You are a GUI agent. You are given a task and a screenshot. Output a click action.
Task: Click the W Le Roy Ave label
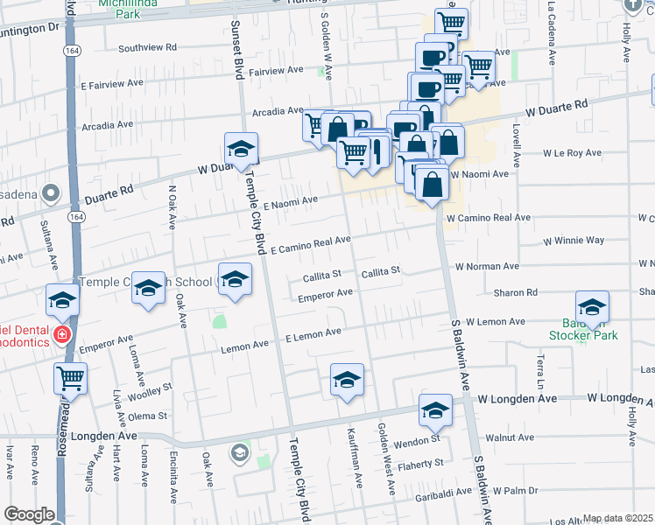572,153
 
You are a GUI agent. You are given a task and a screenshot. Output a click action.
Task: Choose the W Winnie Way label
574,240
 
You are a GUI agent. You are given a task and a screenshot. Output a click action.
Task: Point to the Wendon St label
420,437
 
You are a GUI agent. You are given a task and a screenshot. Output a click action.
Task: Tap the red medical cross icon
62,334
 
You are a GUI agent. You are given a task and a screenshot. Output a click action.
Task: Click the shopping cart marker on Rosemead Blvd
70,379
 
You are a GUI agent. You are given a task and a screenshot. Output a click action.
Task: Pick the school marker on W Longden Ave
435,409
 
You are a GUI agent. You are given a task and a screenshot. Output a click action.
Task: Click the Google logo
28,514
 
